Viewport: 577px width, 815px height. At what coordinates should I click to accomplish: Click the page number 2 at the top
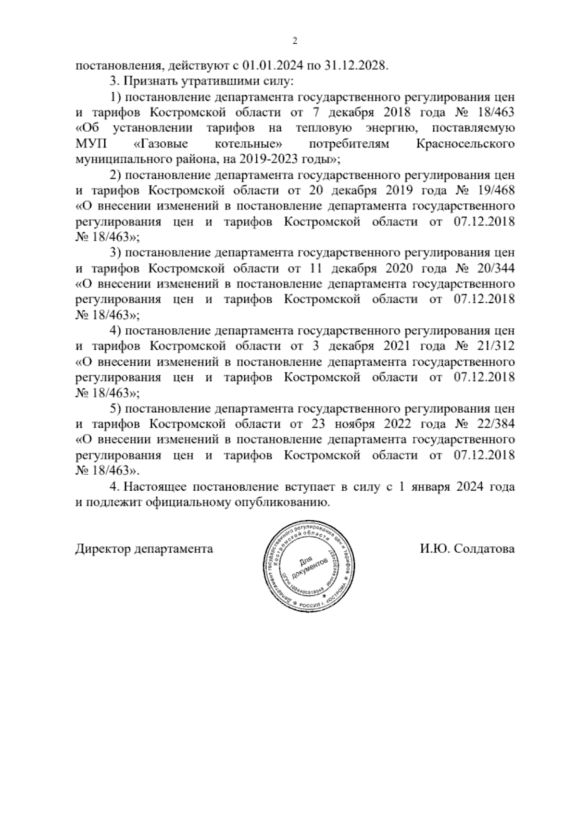(295, 41)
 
